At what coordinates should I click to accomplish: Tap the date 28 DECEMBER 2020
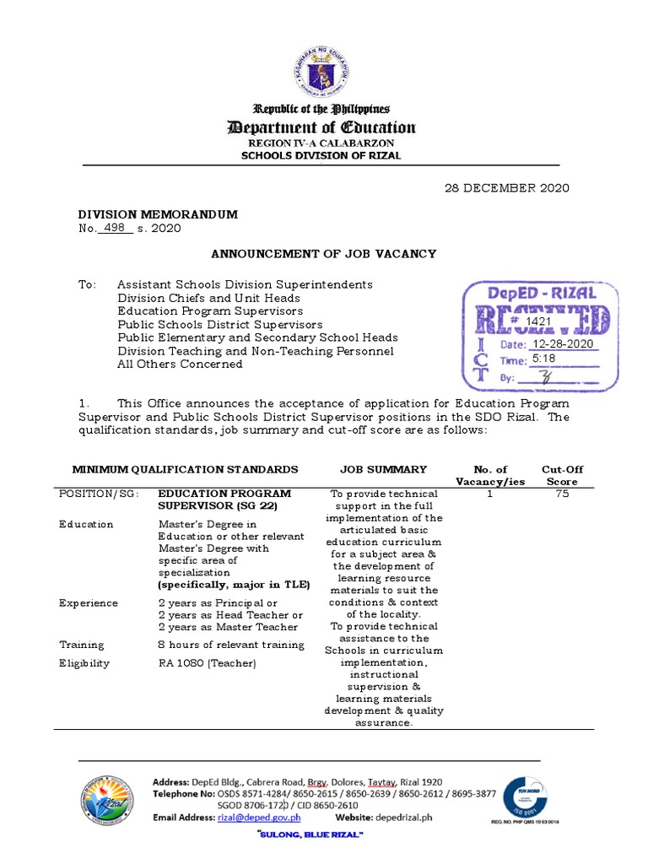point(507,187)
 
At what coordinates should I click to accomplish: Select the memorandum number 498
point(115,228)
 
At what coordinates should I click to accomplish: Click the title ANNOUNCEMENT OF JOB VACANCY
point(323,253)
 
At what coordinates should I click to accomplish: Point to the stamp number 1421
point(540,322)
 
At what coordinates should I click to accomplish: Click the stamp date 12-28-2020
point(563,344)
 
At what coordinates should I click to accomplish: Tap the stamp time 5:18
point(543,359)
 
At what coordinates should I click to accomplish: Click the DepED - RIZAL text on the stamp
point(542,294)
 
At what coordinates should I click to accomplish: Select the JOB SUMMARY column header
point(383,469)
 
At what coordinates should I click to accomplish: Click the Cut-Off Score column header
point(562,475)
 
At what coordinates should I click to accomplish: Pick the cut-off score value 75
point(562,494)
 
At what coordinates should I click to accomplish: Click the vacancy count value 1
point(489,494)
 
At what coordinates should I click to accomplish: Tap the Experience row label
point(89,603)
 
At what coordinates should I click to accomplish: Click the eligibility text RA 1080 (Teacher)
point(207,663)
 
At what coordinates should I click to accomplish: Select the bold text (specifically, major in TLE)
point(234,585)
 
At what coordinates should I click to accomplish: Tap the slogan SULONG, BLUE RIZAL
point(309,834)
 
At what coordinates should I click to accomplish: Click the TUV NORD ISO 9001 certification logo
point(531,796)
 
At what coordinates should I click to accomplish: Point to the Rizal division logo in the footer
point(107,799)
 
